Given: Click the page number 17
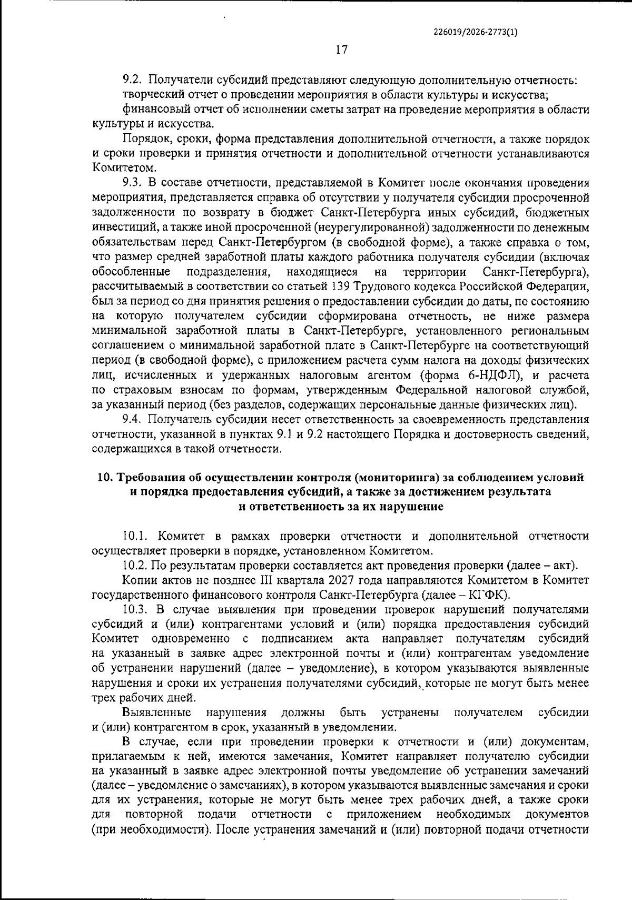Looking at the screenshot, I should point(341,50).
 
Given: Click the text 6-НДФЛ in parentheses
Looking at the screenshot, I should point(498,376).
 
